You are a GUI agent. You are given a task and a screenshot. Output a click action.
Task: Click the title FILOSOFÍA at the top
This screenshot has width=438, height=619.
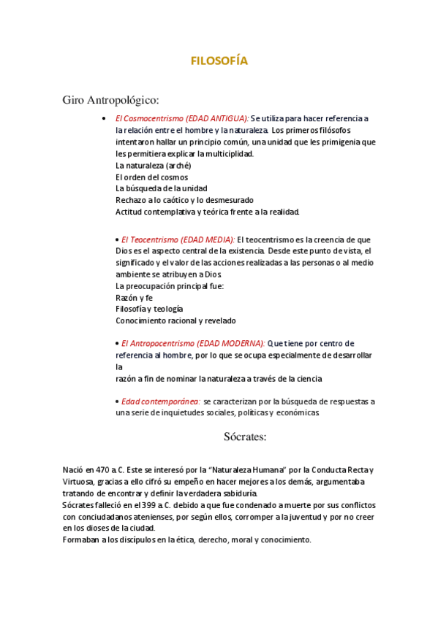click(x=219, y=61)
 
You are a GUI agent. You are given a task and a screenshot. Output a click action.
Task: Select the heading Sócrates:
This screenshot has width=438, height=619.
click(x=245, y=437)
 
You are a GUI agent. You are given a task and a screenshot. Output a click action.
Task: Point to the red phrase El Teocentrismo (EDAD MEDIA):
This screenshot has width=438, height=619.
click(x=178, y=239)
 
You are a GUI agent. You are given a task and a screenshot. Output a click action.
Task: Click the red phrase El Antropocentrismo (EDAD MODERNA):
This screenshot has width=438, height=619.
click(x=193, y=343)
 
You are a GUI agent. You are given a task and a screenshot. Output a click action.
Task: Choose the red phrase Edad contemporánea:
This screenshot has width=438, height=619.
click(x=161, y=401)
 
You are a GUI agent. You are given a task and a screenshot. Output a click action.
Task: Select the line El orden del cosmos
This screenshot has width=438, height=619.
click(x=151, y=177)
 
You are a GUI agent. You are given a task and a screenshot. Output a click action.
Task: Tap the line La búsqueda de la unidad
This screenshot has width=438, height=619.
click(x=161, y=188)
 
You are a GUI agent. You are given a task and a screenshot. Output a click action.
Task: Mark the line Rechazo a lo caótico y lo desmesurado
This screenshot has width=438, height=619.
click(x=184, y=200)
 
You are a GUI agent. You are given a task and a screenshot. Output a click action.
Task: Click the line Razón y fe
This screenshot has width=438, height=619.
click(x=134, y=298)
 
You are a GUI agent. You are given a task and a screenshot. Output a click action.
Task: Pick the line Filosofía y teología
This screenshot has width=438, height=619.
click(x=149, y=309)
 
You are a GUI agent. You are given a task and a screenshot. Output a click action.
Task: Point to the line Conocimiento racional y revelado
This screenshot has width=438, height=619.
click(x=175, y=320)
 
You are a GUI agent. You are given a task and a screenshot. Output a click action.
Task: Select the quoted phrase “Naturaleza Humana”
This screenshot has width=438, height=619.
click(x=236, y=471)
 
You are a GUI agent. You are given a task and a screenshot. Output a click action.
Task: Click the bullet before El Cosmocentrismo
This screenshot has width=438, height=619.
click(x=107, y=119)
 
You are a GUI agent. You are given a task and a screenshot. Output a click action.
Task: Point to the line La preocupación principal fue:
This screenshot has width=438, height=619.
click(x=170, y=286)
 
